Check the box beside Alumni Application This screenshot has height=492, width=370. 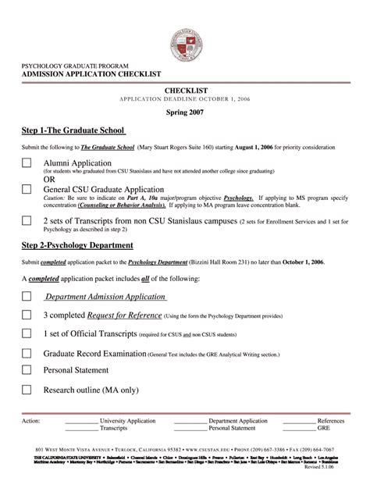pyautogui.click(x=27, y=162)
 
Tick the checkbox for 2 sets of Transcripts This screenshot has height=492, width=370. pyautogui.click(x=27, y=220)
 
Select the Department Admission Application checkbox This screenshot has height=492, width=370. pyautogui.click(x=27, y=297)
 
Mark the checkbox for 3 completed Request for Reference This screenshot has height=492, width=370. pyautogui.click(x=27, y=315)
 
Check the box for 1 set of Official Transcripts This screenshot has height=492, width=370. pyautogui.click(x=27, y=333)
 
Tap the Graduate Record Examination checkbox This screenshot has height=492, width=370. pyautogui.click(x=27, y=353)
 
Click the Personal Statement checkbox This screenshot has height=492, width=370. pyautogui.click(x=27, y=370)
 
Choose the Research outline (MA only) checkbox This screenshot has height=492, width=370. pyautogui.click(x=27, y=389)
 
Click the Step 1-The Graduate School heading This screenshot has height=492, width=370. pyautogui.click(x=73, y=130)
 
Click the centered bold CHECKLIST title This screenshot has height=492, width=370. pyautogui.click(x=185, y=91)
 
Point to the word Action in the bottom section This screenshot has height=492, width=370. pyautogui.click(x=32, y=420)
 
